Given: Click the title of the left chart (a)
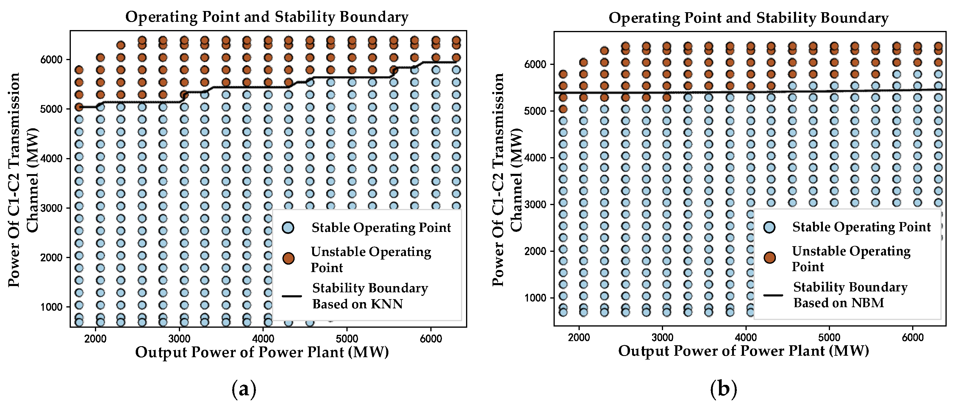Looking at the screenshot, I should pos(267,17).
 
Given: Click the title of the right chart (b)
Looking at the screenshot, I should pos(748,18).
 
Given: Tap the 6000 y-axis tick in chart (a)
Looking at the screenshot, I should pos(51,60).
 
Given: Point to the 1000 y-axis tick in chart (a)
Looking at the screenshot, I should pos(51,307).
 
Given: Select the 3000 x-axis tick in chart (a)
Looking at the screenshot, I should pos(179,338).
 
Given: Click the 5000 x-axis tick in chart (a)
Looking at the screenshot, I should pos(347,338).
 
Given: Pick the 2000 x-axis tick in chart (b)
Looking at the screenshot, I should pos(579,338).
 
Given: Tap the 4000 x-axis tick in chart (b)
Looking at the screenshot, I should pos(745,338).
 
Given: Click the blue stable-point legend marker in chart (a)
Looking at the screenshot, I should pos(288,228).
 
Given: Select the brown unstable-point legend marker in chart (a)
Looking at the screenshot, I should pos(288,258).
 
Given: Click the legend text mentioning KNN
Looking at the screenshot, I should pos(370,296).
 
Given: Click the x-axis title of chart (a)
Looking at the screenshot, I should pos(262,352).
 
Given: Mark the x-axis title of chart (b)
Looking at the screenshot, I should pos(743,351).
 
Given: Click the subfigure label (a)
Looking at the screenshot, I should pos(243,389).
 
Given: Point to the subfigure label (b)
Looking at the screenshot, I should pos(723,389).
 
